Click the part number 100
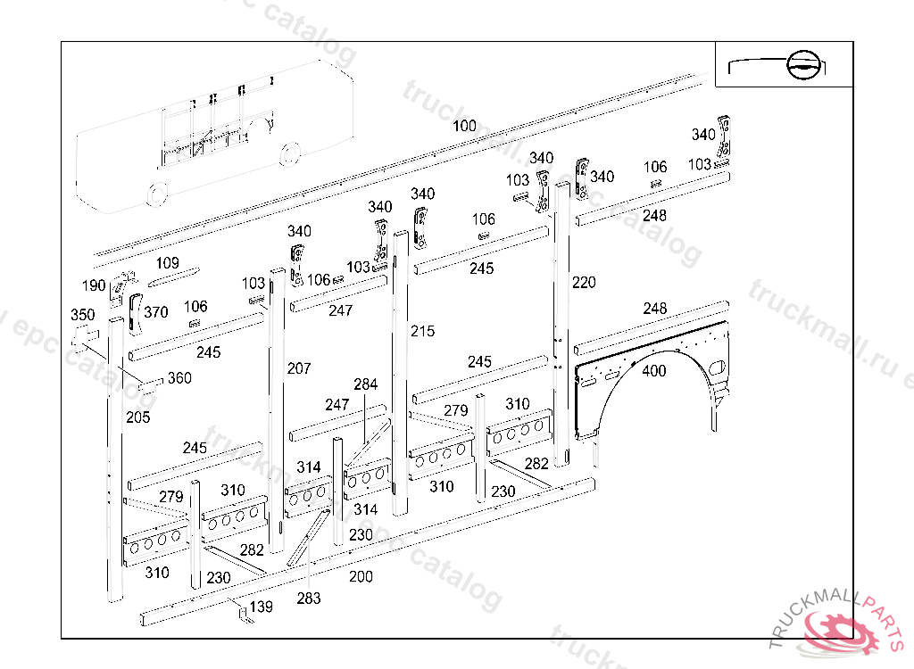click(464, 126)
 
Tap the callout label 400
click(654, 371)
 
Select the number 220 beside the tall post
click(584, 283)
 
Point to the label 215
click(422, 331)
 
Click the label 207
click(299, 368)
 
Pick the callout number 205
click(137, 417)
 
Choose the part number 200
click(361, 576)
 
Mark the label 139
click(262, 607)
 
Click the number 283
click(309, 598)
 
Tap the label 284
click(365, 384)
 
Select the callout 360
click(179, 378)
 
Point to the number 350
click(82, 315)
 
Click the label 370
click(156, 312)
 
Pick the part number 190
click(94, 285)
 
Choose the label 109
click(168, 263)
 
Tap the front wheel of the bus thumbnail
click(157, 193)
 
